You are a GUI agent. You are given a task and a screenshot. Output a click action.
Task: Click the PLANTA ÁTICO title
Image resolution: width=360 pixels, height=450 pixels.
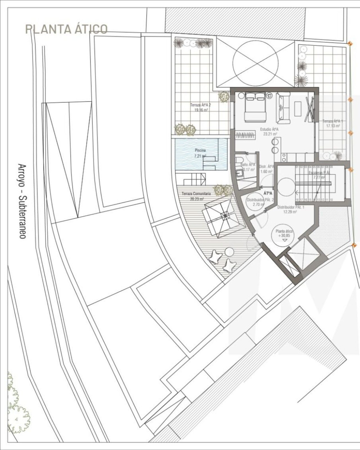coord(66,29)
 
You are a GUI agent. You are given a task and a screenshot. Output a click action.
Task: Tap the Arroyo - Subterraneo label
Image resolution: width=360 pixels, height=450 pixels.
coord(22,201)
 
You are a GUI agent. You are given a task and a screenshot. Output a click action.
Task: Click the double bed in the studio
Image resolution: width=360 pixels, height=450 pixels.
coord(255,107)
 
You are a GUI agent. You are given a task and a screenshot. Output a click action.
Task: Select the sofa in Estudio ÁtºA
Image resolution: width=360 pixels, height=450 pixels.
coord(283,108)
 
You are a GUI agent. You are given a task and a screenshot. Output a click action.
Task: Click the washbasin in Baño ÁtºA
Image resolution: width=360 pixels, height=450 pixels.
coord(240,173)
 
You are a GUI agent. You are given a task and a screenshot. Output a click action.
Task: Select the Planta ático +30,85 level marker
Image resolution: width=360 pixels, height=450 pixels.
coord(284,234)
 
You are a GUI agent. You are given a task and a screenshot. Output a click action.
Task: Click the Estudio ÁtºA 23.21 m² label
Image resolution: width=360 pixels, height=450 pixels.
coord(270,132)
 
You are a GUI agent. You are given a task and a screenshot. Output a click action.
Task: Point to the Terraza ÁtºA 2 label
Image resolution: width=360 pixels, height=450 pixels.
coord(200,107)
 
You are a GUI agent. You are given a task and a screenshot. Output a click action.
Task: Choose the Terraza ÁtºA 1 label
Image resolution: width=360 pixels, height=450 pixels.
coord(333,124)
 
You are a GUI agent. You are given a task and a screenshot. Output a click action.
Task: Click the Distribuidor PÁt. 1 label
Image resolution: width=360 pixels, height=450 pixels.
coord(287,209)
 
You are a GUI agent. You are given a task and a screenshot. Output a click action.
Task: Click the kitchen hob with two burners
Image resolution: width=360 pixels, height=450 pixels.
coord(275,146)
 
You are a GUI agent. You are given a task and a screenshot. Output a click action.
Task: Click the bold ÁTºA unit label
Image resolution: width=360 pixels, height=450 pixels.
coord(268,193)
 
